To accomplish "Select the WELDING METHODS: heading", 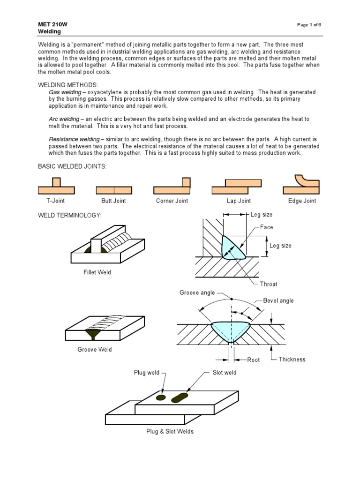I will (67, 85).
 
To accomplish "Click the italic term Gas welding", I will (65, 92).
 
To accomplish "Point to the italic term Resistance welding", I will (74, 139).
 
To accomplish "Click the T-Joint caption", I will (55, 201).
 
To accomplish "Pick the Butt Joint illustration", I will (114, 190).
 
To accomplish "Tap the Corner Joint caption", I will (172, 201).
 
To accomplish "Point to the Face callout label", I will (267, 227).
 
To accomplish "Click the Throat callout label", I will (269, 284).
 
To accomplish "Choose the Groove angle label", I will (197, 292).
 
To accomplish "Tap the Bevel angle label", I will (278, 300).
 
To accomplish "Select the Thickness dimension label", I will (292, 360).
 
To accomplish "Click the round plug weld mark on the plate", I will (161, 397).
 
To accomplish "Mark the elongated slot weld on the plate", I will (180, 398).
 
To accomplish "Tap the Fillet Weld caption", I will (97, 272).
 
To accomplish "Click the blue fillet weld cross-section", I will (232, 247).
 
